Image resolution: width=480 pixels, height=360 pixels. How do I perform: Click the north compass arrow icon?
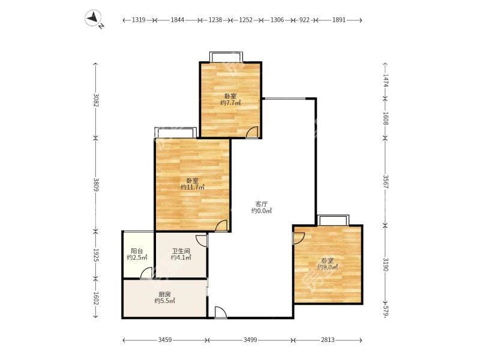tap(95, 20)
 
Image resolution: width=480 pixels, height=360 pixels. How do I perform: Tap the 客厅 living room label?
tap(262, 203)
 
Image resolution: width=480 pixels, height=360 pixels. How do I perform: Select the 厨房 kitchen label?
tap(165, 294)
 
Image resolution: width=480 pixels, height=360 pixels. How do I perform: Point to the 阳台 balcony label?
tap(137, 251)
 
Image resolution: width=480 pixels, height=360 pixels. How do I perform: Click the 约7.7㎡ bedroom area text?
tap(230, 103)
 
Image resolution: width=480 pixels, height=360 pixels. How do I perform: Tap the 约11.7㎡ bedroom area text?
tap(193, 187)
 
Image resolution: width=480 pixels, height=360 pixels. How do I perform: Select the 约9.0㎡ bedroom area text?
tap(327, 267)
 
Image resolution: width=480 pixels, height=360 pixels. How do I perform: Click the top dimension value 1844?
tap(177, 20)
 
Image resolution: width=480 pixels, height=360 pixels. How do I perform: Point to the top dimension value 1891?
tap(339, 20)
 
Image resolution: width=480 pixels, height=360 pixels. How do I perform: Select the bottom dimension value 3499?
tap(250, 340)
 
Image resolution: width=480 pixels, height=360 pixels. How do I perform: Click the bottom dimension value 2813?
tap(327, 340)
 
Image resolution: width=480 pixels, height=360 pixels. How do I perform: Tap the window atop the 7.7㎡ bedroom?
tap(226, 57)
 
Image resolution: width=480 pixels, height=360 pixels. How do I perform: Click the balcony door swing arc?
tap(146, 273)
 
